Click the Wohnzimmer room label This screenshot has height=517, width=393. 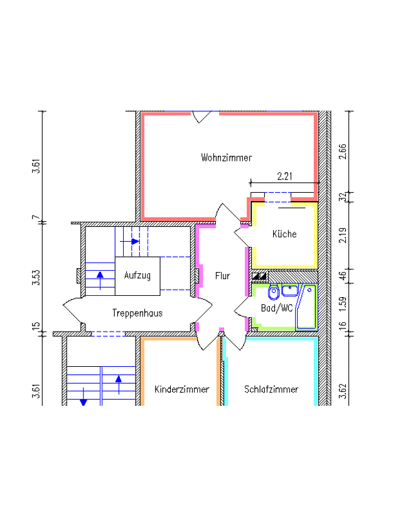(226, 158)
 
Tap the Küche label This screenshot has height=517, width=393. (284, 234)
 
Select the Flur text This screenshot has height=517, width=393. (222, 275)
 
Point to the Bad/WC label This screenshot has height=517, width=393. (277, 308)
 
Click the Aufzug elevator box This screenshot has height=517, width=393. (137, 276)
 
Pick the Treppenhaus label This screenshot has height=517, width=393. (137, 313)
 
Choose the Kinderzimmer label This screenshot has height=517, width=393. (182, 389)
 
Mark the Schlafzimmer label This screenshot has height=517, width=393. (271, 389)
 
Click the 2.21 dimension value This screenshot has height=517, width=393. (284, 177)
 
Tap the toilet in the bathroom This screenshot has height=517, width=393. (274, 292)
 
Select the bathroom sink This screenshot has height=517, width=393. (290, 290)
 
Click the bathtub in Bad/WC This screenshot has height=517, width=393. (306, 307)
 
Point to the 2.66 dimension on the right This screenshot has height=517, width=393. (343, 151)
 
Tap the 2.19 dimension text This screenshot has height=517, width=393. (343, 235)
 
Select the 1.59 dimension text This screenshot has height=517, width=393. (343, 304)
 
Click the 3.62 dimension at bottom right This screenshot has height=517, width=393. (343, 391)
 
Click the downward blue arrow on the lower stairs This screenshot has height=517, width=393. (83, 396)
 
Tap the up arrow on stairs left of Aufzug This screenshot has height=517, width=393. (100, 280)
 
